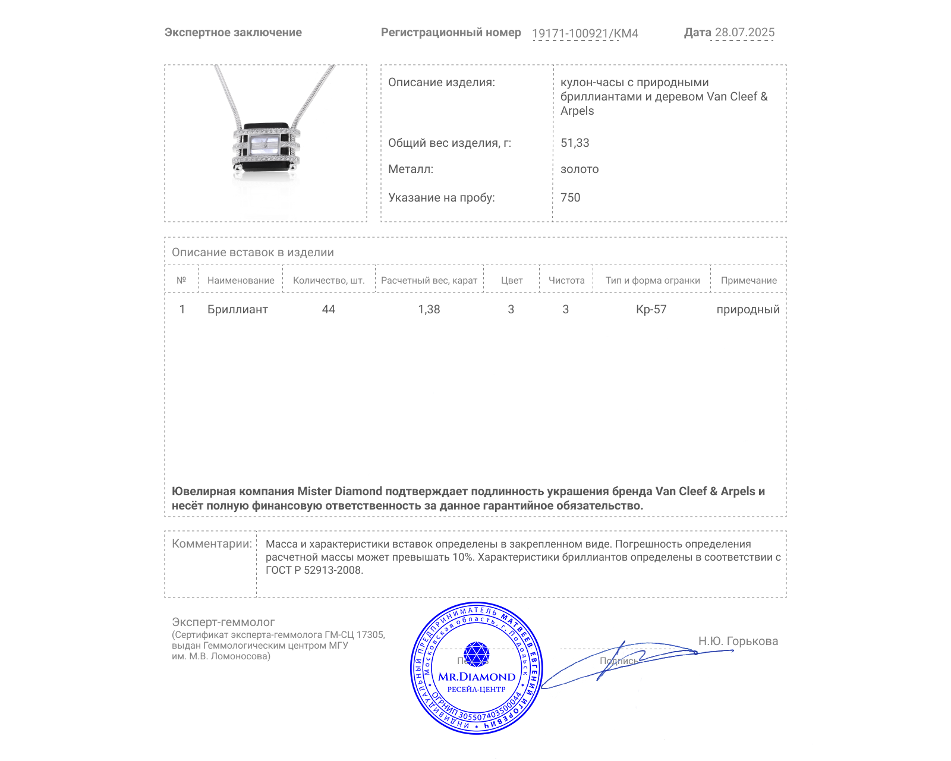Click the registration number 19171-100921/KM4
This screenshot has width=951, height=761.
click(585, 33)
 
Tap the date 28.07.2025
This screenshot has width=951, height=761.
click(744, 32)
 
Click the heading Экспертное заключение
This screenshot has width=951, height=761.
click(233, 33)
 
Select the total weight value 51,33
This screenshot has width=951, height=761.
click(575, 143)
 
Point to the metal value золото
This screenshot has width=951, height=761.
click(580, 169)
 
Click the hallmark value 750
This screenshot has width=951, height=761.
click(570, 197)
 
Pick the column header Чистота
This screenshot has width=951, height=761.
click(566, 281)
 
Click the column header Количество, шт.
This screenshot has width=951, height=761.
click(329, 281)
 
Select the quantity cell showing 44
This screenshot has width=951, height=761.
click(329, 309)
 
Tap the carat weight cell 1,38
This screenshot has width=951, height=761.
click(429, 309)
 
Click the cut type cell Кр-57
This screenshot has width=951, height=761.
click(651, 309)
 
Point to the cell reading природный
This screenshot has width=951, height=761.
click(748, 309)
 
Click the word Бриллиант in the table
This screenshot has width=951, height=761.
click(238, 309)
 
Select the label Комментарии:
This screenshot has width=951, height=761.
click(212, 543)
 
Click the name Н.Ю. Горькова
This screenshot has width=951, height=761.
click(738, 641)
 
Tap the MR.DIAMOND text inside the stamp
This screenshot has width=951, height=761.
click(477, 677)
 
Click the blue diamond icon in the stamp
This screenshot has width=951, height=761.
click(476, 654)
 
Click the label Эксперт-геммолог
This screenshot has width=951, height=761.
click(223, 622)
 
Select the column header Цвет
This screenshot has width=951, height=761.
click(512, 281)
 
